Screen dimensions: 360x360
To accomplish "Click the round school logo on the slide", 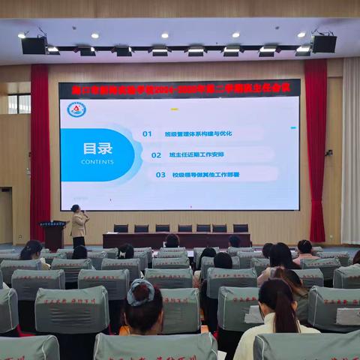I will [76, 109].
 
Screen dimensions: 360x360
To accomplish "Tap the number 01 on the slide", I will [147, 133].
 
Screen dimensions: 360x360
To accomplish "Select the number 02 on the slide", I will [156, 154].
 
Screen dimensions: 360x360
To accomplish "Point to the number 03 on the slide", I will [160, 175].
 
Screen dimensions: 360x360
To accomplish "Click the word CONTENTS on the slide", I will [97, 161].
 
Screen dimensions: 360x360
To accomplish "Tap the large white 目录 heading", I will [97, 148].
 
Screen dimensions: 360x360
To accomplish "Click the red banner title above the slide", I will [179, 88].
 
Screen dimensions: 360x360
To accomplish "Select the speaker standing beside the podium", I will [78, 225].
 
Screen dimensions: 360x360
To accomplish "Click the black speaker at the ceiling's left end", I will [34, 45].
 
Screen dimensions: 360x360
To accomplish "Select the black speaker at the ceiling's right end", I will [324, 43].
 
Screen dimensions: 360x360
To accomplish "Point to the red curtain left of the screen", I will [40, 150].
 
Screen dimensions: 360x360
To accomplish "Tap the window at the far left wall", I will [18, 103].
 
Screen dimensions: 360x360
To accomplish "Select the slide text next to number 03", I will [207, 175].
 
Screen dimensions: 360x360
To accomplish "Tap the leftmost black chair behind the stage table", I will [121, 228].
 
